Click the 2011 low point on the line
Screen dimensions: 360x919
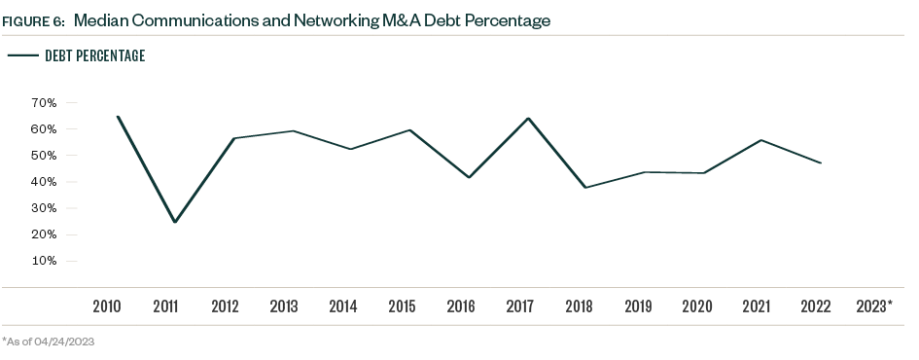click(175, 222)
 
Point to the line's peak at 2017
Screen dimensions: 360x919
click(527, 119)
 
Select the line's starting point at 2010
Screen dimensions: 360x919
click(117, 117)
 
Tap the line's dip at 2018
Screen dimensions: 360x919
click(585, 187)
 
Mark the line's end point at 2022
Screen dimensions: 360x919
click(821, 162)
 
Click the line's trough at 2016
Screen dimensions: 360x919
click(469, 177)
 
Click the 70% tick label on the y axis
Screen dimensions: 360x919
click(45, 102)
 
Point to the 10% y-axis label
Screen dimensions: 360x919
click(45, 261)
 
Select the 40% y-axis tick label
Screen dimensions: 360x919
click(45, 182)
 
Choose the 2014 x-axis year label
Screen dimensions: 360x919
click(342, 306)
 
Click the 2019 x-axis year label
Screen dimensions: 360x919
click(638, 306)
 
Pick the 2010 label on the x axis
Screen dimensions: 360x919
click(107, 306)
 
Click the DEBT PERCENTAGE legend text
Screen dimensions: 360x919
click(95, 56)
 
